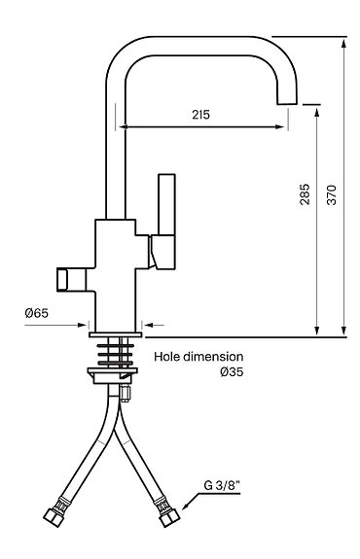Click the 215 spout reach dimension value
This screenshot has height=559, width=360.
(200, 115)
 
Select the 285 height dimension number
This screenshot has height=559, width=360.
(305, 194)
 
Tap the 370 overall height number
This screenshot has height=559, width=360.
(332, 194)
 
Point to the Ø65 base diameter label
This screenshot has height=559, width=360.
(37, 313)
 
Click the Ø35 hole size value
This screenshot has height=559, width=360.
(232, 371)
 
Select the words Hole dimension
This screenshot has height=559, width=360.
(198, 357)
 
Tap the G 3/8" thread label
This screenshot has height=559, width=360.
(222, 485)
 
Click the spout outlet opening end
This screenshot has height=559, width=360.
(287, 104)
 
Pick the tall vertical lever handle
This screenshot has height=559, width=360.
(166, 204)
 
